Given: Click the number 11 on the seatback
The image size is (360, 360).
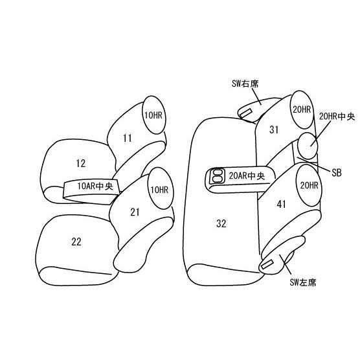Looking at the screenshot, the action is point(128,138).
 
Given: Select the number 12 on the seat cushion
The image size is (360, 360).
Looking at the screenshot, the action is point(81,163).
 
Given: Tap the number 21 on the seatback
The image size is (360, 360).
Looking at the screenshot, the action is point(135,212).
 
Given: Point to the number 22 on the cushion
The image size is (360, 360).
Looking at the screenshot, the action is point(76,242).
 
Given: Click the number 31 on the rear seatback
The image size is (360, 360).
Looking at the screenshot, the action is point(274,129).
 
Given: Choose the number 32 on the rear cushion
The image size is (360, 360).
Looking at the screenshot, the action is point(221,223).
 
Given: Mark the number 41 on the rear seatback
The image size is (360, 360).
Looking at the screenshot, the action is point(282,204).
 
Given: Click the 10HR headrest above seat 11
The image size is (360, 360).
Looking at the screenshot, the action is point(154,115).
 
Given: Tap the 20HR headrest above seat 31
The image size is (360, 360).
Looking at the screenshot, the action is point(302,109).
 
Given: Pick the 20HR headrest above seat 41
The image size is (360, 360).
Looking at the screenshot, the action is point(309,185).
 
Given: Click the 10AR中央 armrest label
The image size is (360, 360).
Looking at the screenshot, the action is point(95,186).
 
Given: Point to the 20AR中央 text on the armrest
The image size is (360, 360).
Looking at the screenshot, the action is point(247,176).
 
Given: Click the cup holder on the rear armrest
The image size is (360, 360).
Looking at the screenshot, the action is point(217,176).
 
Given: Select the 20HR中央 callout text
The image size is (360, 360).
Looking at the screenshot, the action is point(337,117).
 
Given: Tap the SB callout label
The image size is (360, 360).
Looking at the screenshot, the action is point(337,173).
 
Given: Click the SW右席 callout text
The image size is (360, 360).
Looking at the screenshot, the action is point(245,84).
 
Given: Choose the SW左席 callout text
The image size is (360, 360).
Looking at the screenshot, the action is point(303,282).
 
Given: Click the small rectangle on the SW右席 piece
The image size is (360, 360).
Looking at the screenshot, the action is point(246,113).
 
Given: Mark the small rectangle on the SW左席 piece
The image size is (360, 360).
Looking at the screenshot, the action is point(267,265).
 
